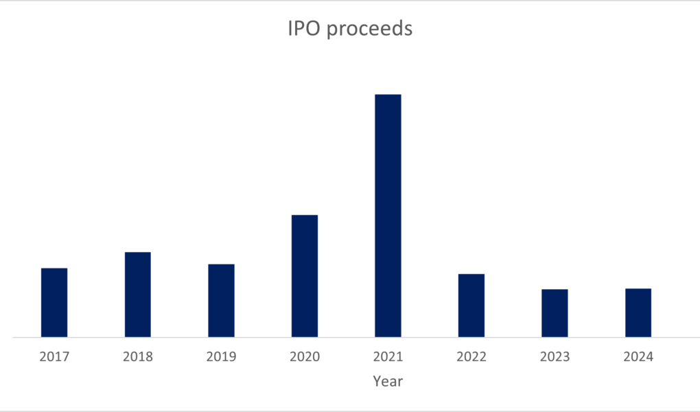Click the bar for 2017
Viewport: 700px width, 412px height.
tap(54, 302)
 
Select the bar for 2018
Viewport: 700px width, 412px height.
tap(138, 295)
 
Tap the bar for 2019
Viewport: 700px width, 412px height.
tap(221, 300)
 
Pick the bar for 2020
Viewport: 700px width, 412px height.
tap(305, 276)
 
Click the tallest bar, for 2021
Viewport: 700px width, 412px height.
tap(388, 216)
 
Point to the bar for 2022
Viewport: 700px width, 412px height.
tap(471, 306)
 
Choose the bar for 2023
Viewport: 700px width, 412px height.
tap(555, 313)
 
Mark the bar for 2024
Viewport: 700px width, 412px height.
tap(638, 312)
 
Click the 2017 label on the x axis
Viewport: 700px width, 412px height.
tap(54, 357)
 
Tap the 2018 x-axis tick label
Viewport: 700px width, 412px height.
tap(138, 357)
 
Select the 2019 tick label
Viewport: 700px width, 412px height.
tap(221, 357)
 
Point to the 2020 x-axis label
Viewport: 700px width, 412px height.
tap(305, 357)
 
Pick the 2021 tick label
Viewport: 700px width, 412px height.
tap(388, 357)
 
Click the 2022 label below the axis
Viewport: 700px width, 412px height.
tap(471, 357)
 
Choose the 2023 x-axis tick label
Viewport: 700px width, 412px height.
tap(555, 357)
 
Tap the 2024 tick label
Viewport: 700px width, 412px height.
tap(638, 357)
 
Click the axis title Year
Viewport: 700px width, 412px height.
tap(388, 381)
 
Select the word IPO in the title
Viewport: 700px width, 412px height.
tap(302, 30)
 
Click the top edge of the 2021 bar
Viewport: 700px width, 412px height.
tap(388, 95)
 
